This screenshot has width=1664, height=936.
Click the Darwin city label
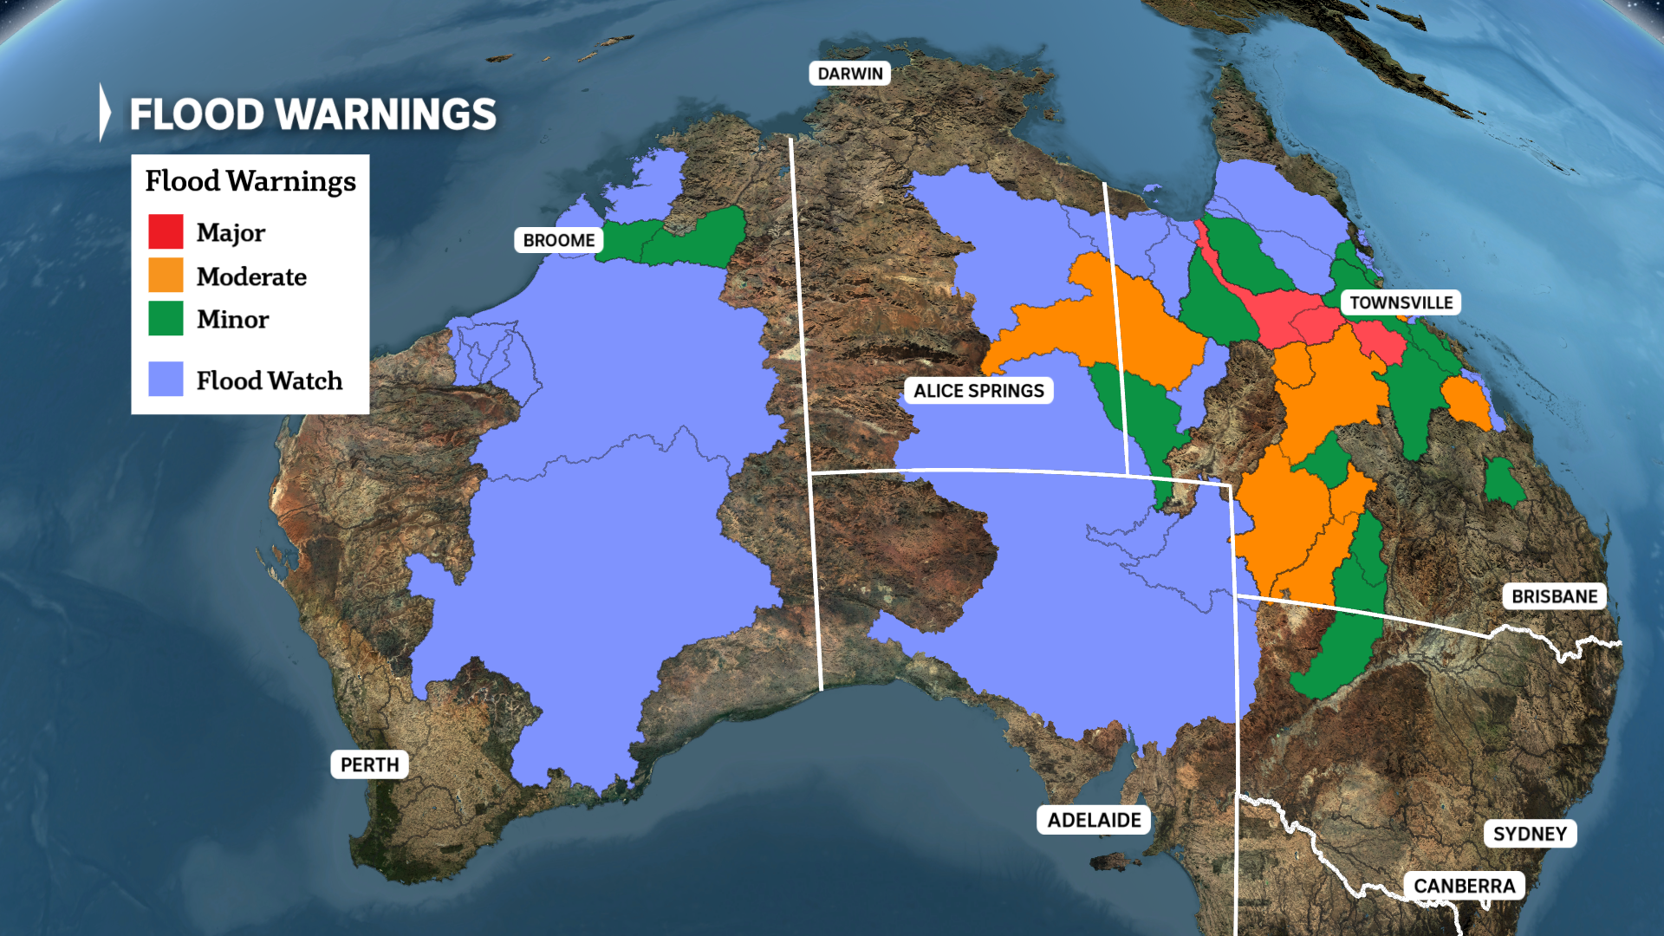click(x=849, y=74)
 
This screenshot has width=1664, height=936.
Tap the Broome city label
click(x=559, y=240)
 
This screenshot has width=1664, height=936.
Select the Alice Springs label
click(x=978, y=391)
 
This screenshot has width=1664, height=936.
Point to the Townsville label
click(x=1401, y=302)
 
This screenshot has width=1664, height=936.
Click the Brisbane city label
click(x=1554, y=596)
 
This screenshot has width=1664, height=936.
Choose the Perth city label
click(x=369, y=764)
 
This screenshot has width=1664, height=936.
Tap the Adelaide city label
click(x=1094, y=820)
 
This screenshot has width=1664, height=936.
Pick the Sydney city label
click(x=1530, y=834)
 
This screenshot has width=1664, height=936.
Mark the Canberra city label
click(x=1464, y=886)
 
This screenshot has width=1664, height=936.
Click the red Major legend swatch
click(x=166, y=231)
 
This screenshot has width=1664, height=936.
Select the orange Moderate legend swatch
click(x=166, y=276)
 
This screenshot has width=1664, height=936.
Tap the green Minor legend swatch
click(x=166, y=318)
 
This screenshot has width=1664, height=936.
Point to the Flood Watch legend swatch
click(x=166, y=379)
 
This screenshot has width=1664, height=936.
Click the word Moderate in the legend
click(x=251, y=276)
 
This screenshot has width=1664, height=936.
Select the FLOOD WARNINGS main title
click(x=313, y=114)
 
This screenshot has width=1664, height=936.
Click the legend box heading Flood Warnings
click(x=250, y=180)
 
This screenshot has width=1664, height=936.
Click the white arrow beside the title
click(x=105, y=112)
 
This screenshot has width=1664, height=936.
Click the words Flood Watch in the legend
click(x=269, y=380)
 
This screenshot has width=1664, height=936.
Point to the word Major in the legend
click(x=231, y=232)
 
